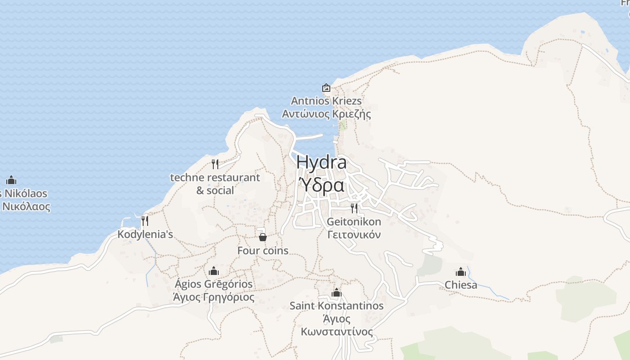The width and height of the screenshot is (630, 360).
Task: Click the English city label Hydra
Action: (321, 162)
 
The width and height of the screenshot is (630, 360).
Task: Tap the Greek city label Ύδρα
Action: (322, 184)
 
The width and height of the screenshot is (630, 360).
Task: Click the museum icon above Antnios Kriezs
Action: (326, 88)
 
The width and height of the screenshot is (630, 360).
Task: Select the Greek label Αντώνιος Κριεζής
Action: (326, 114)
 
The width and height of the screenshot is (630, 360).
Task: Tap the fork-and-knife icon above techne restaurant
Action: (215, 164)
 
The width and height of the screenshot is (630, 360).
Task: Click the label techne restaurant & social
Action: (215, 184)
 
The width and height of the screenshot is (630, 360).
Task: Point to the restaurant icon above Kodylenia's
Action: (145, 220)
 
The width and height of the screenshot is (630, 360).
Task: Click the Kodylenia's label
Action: (145, 234)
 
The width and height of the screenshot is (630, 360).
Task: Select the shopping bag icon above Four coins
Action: (263, 237)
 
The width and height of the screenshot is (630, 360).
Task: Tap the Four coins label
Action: (263, 251)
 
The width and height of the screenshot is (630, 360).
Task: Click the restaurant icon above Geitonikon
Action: (354, 208)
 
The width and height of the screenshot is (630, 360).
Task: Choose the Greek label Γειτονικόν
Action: (354, 235)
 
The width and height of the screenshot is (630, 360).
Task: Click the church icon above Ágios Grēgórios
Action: (214, 271)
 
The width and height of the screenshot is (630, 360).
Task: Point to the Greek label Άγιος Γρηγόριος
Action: (214, 297)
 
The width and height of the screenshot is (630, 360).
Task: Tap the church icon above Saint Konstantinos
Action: (337, 293)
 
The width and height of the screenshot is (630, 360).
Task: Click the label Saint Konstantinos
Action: (337, 306)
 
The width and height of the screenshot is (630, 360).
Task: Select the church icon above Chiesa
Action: (461, 272)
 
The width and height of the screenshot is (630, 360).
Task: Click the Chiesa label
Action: (461, 285)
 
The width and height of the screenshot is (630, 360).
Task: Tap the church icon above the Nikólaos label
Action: (11, 180)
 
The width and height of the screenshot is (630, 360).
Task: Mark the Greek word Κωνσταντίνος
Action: (337, 332)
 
